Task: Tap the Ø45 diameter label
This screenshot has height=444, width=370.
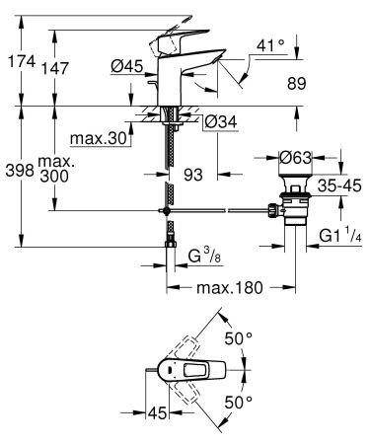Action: tap(127, 68)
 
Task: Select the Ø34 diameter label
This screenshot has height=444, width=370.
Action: tap(220, 122)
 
